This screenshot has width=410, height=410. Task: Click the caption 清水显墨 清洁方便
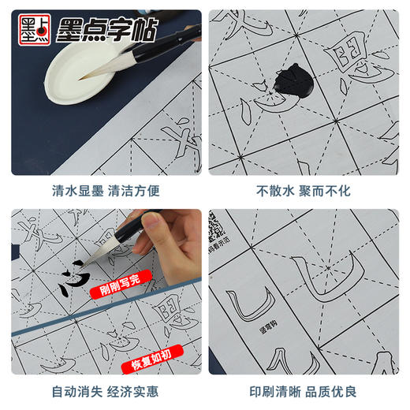[102, 190]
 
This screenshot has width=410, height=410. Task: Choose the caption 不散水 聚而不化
[307, 190]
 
